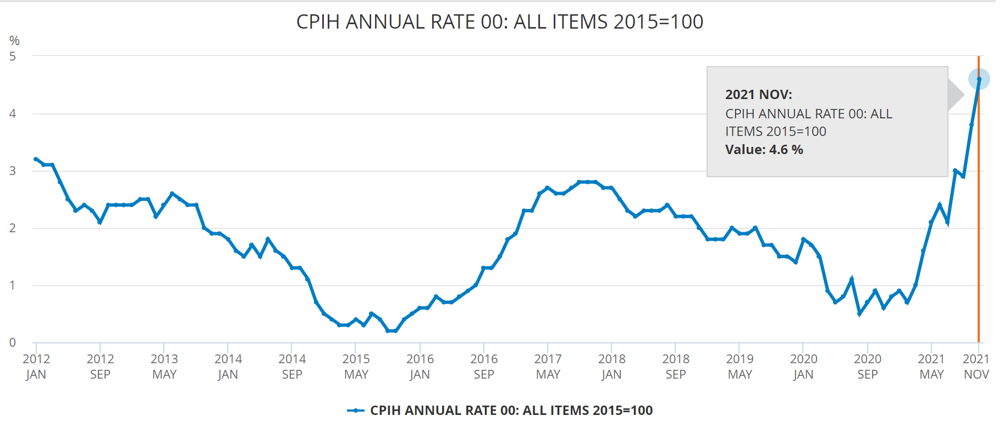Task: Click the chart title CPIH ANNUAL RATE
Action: point(499,22)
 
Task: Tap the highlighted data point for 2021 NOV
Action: point(979,79)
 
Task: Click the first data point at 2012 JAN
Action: point(36,159)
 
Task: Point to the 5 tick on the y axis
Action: point(13,56)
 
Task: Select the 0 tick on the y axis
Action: point(13,342)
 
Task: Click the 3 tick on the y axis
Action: point(13,171)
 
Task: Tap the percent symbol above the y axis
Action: point(14,41)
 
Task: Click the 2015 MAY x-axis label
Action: point(356,367)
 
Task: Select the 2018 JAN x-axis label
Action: point(611,367)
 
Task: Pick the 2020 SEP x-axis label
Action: point(867,367)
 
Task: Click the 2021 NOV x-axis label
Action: point(976,367)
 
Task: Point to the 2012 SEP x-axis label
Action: point(100,367)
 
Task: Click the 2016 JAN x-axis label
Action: point(420,367)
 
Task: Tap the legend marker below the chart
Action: point(356,411)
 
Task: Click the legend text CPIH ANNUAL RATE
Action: point(511,411)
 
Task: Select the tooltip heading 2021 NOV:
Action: point(758,95)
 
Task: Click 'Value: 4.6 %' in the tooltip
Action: point(764,150)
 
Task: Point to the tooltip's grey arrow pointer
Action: point(956,95)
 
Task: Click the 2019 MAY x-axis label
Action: point(740,367)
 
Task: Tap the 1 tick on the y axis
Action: point(13,285)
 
